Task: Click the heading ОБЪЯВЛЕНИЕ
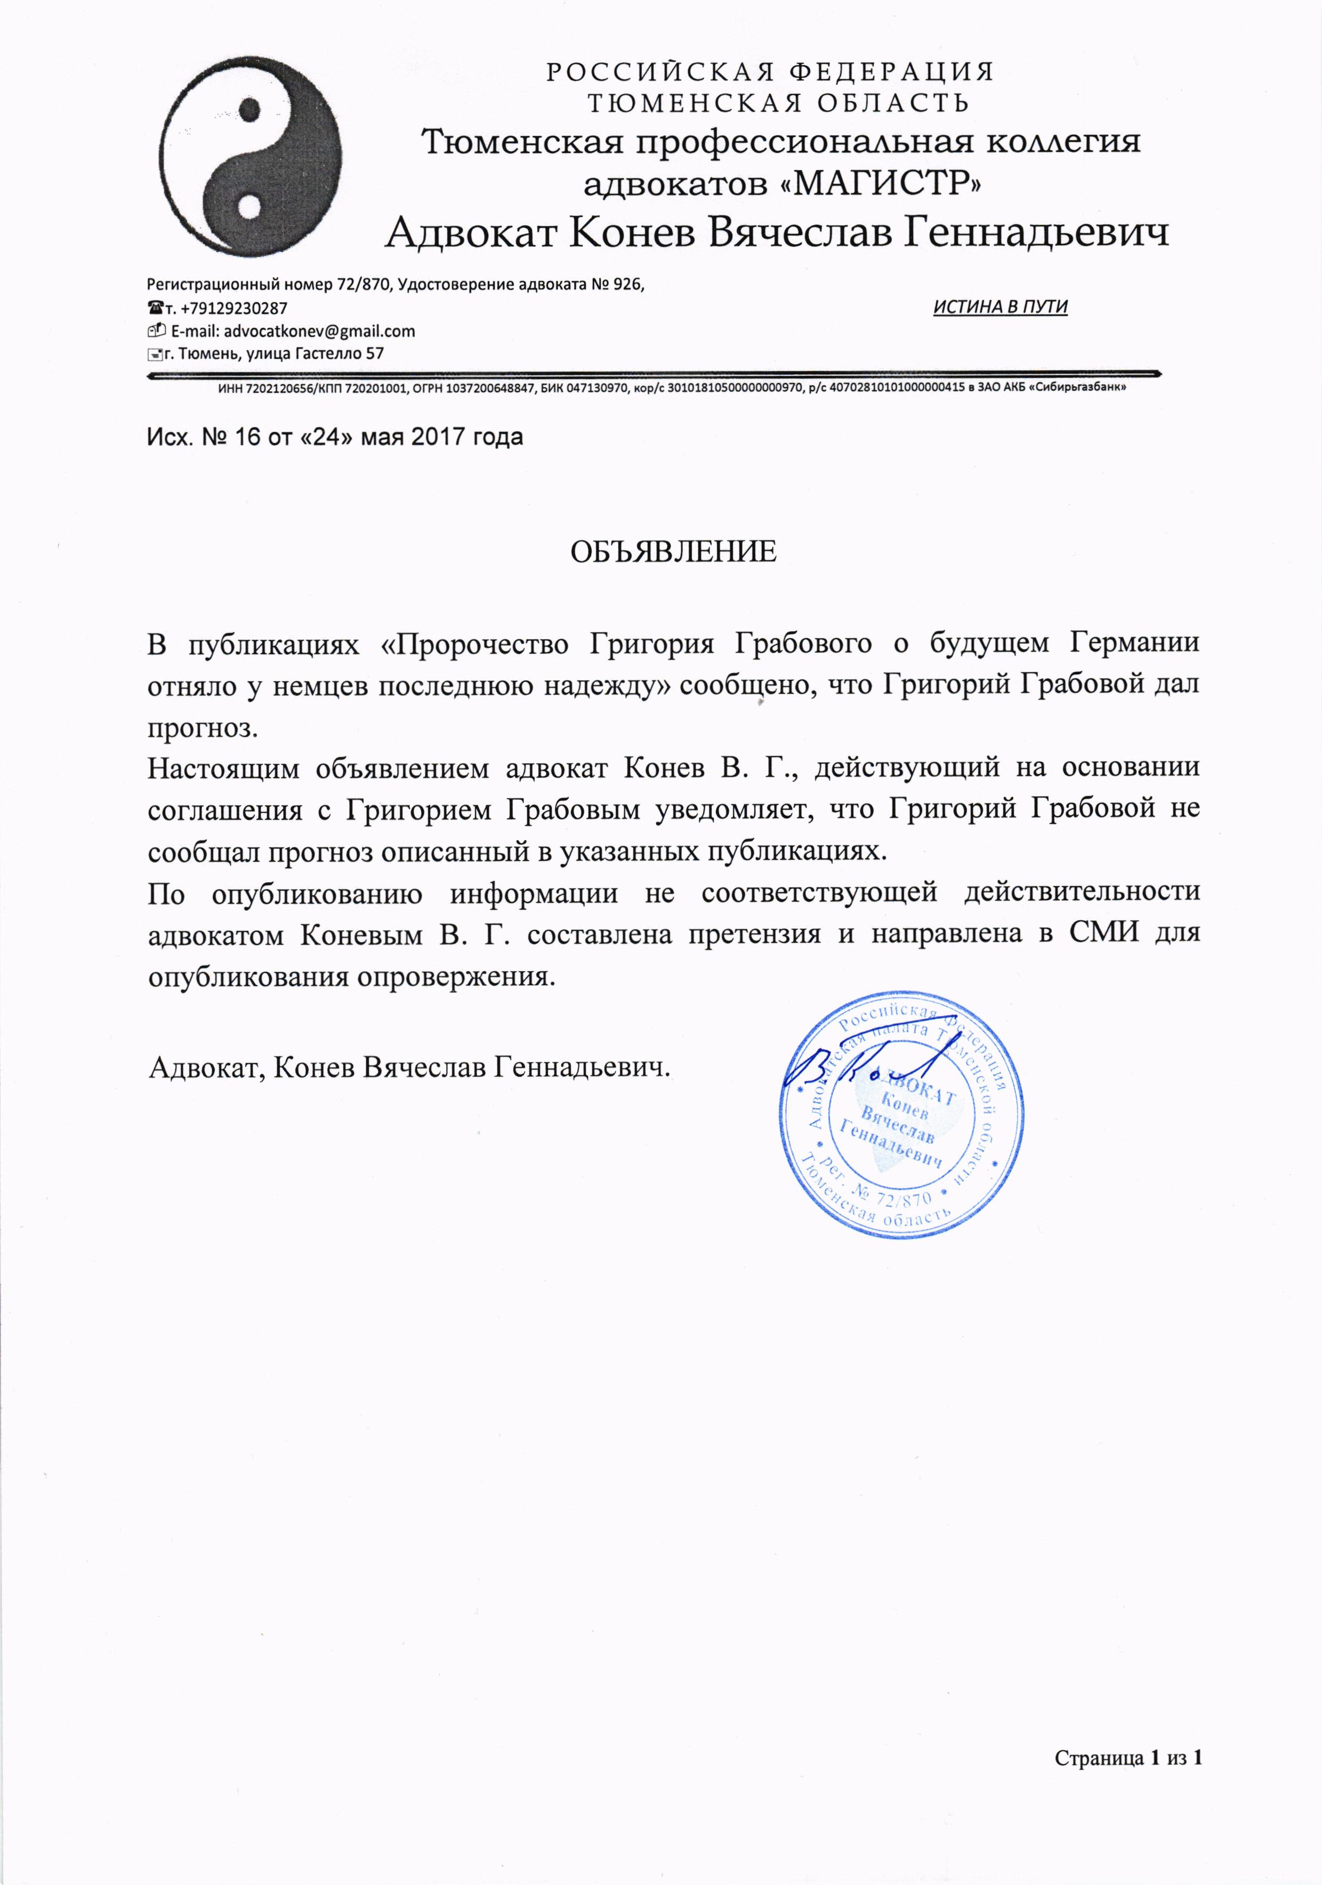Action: click(x=673, y=552)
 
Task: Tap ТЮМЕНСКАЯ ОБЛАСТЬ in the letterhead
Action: click(x=778, y=103)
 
